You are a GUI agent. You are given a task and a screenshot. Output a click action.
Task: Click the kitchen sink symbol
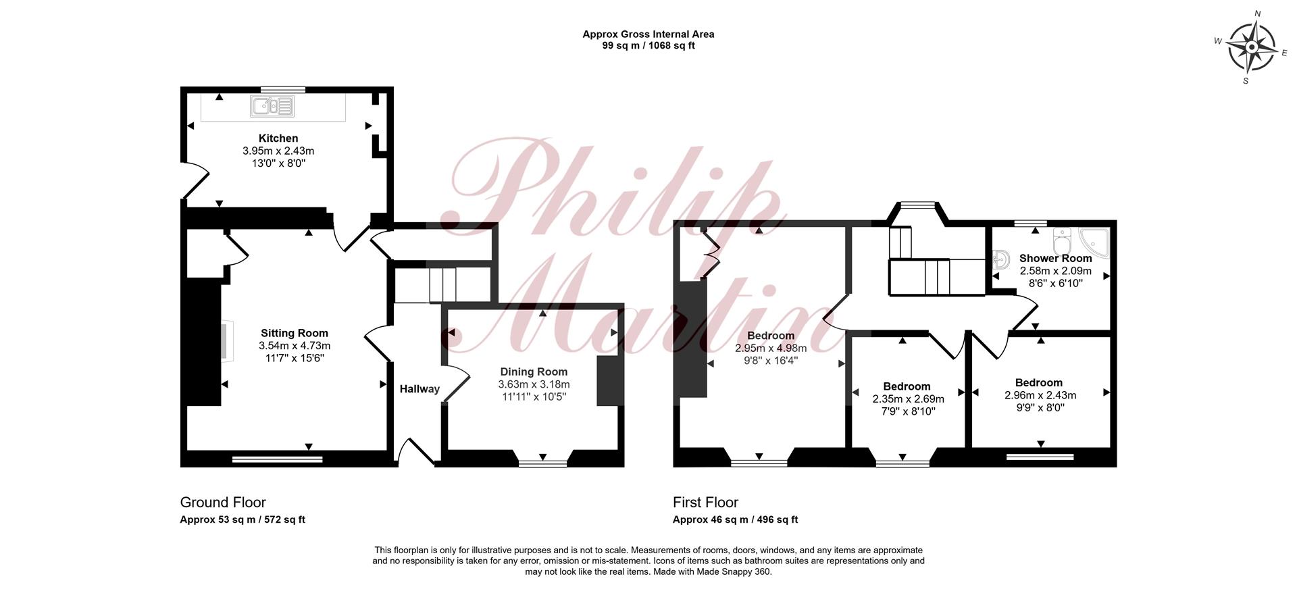point(273,106)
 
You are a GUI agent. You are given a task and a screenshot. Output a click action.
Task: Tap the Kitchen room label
point(278,138)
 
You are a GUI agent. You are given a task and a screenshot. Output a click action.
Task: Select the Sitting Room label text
point(295,333)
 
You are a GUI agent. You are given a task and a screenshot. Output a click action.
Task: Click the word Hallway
point(419,389)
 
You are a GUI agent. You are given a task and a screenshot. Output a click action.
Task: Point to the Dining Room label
point(534,371)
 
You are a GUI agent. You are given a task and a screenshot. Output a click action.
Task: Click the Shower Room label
point(1055,258)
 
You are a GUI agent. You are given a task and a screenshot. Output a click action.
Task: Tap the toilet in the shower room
point(1062,242)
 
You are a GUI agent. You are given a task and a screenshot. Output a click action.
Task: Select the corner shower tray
point(1094,243)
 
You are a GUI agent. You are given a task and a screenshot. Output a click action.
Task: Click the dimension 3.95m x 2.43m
point(278,151)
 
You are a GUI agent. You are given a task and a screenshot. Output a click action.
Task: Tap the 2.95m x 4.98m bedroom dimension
point(771,349)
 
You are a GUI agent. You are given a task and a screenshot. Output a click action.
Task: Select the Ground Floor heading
point(223,503)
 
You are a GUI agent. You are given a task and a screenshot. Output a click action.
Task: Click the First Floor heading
point(705,503)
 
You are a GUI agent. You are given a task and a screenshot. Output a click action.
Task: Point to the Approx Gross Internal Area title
point(648,34)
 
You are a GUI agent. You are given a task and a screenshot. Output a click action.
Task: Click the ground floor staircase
point(442,285)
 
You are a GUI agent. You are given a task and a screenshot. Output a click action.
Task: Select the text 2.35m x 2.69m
point(908,399)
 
